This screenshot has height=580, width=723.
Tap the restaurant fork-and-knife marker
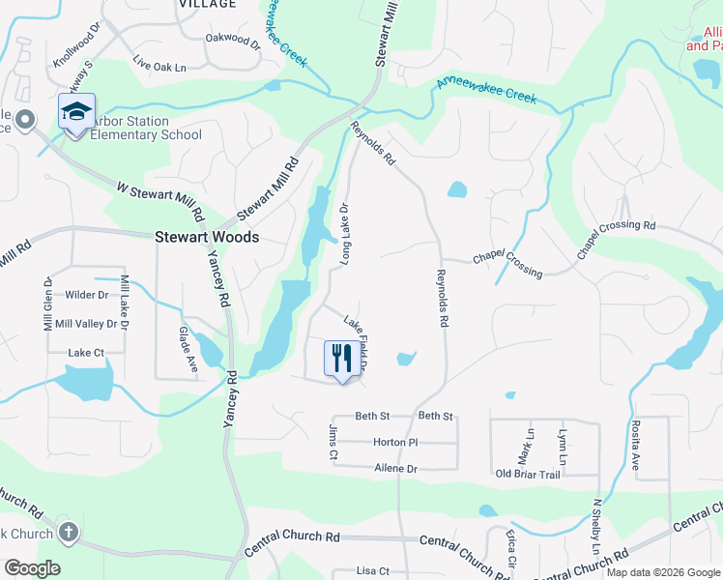tap(340, 360)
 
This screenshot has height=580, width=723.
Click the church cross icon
tap(68, 531)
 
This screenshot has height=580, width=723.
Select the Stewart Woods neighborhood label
tap(207, 236)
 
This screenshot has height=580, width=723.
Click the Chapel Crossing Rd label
tap(617, 239)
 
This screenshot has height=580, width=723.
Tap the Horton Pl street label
tap(394, 442)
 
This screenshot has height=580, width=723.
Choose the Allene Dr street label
tap(394, 468)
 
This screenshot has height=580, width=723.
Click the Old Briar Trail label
tap(528, 474)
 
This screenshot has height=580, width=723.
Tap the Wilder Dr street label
tap(86, 294)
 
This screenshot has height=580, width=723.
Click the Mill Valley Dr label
tap(86, 324)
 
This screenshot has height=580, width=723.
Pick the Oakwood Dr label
tap(233, 43)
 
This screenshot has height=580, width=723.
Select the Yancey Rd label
tap(218, 277)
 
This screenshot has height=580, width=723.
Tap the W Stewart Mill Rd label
tap(159, 199)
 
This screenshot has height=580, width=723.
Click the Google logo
tap(32, 568)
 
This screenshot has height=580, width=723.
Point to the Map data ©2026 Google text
tap(662, 572)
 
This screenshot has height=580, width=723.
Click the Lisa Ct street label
tap(372, 571)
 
